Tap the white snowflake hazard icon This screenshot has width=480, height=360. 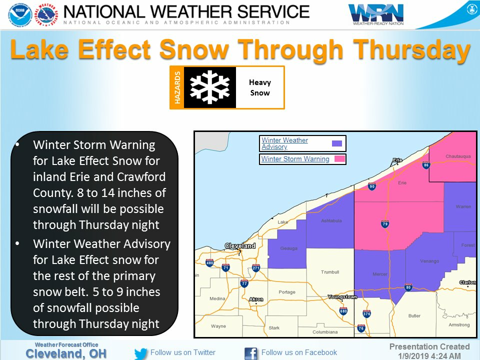(x=209, y=87)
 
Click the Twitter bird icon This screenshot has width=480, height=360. (x=141, y=353)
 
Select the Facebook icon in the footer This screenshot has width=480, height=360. (x=251, y=353)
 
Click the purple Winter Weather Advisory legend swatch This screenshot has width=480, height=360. (x=337, y=143)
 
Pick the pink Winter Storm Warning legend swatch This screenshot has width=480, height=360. (x=339, y=159)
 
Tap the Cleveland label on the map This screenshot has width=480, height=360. (x=240, y=245)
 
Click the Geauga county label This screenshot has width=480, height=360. (x=288, y=248)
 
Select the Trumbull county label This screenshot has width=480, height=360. (x=329, y=272)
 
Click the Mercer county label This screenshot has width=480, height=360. (x=380, y=274)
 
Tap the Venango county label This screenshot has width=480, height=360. (x=430, y=261)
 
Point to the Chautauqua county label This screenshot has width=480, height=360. (x=458, y=156)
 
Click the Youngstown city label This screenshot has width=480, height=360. (x=342, y=297)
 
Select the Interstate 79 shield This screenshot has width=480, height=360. (x=385, y=223)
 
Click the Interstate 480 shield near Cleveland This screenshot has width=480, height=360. (x=209, y=263)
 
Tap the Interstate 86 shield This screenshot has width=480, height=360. (x=426, y=165)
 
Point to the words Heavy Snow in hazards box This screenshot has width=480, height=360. (x=259, y=87)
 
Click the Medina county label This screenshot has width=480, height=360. (x=217, y=299)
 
